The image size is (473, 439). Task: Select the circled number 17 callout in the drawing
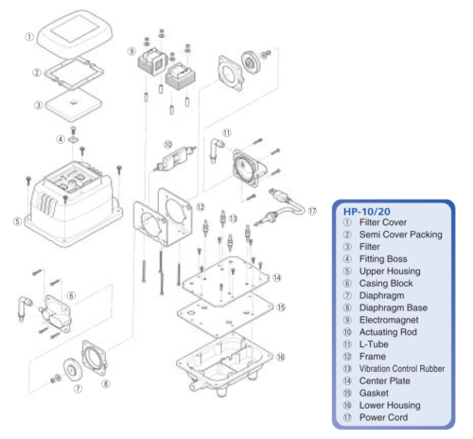point(311,211)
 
